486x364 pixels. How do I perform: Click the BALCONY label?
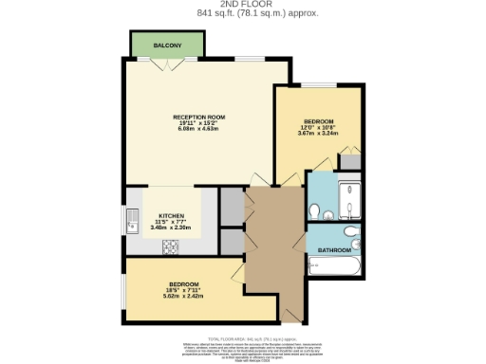[x=167, y=45]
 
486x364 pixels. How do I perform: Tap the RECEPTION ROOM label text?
[x=172, y=116]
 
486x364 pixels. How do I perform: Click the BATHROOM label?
[x=334, y=249]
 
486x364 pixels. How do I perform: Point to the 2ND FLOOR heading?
[x=243, y=5]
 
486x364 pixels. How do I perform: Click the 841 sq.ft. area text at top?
[x=243, y=14]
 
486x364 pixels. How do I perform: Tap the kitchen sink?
[x=132, y=224]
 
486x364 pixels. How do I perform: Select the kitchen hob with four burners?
[x=173, y=247]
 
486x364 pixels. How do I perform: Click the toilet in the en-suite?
[x=314, y=209]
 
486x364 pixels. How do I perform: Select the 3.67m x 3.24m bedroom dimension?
[x=318, y=134]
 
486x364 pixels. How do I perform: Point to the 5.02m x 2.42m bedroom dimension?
[x=184, y=296]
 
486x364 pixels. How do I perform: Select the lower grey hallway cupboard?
[x=231, y=241]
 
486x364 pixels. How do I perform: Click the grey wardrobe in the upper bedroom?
[x=350, y=160]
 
